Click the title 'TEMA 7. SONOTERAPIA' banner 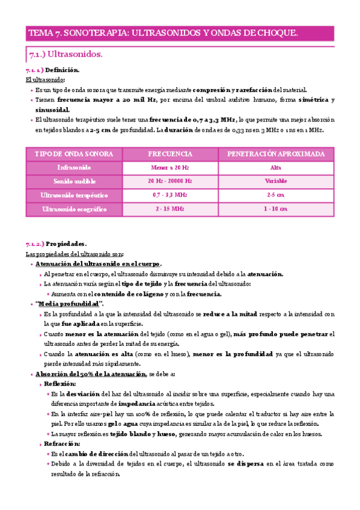click(x=163, y=34)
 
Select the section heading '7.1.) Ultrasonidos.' click(x=66, y=55)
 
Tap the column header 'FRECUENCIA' click(x=169, y=154)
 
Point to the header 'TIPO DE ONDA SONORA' click(x=74, y=154)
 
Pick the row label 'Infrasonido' click(x=74, y=168)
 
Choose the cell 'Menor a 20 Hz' click(x=169, y=168)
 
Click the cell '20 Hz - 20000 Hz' click(x=169, y=181)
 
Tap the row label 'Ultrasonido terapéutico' click(x=74, y=195)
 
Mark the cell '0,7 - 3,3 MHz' click(x=169, y=195)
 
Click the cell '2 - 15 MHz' click(x=169, y=209)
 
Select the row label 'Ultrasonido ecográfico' click(x=74, y=209)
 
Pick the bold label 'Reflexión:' click(x=60, y=383)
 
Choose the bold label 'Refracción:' click(x=62, y=443)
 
